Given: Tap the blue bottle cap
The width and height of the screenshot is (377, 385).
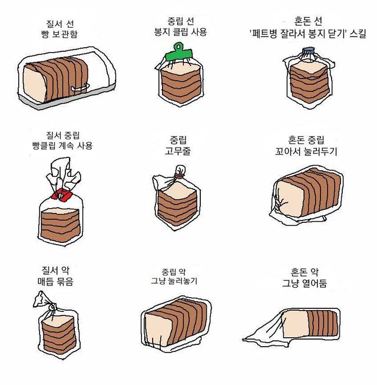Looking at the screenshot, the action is point(308,51).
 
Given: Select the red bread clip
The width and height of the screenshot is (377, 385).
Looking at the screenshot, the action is point(61,195).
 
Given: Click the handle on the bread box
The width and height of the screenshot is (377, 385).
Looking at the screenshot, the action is point(80,87).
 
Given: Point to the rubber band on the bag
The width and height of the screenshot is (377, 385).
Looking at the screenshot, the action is point(179,175).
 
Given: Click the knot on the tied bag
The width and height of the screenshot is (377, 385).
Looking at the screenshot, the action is point(52,307).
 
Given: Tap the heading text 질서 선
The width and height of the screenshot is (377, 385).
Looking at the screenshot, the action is point(60,24).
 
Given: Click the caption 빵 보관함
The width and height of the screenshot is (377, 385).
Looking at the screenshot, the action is point(59,34).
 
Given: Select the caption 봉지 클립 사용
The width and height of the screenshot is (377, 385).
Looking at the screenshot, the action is point(180,32).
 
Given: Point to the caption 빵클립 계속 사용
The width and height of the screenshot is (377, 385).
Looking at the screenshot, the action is point(62,146).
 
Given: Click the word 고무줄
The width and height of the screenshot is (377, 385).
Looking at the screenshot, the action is point(178,151).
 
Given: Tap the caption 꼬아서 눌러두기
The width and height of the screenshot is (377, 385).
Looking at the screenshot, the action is point(306,152).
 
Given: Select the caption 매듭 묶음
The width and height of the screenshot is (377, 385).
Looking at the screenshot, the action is point(55,281).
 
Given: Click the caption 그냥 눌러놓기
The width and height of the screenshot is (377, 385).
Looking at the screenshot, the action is point(174,281).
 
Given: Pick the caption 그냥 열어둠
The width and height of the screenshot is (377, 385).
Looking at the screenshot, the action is point(305,283).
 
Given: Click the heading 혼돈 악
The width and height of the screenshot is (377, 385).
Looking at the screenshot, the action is point(305,272).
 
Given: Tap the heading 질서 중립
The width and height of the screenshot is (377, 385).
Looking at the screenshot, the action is point(63,135).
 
